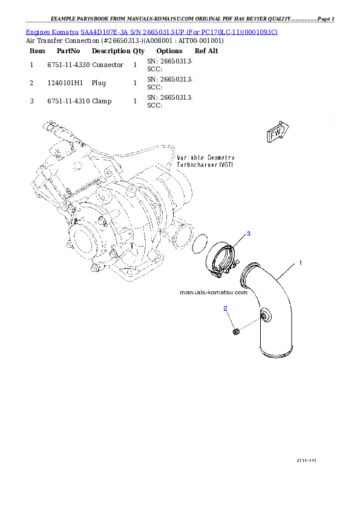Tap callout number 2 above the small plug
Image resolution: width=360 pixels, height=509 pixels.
click(225, 308)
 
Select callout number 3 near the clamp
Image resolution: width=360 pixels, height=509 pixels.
click(248, 233)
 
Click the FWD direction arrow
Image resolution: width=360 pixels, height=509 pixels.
click(278, 133)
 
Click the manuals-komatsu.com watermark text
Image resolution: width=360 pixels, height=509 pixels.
click(214, 292)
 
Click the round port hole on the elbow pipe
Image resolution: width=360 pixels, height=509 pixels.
click(264, 316)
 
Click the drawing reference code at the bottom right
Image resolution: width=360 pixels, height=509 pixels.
click(307, 460)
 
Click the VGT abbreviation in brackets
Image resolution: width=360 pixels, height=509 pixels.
click(226, 164)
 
